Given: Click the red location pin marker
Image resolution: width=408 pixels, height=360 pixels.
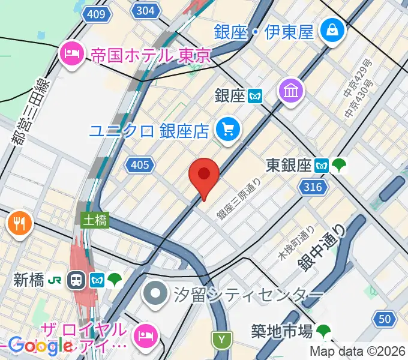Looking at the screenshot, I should pyautogui.click(x=204, y=176).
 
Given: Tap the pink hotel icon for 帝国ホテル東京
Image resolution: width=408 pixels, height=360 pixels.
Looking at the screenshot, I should pyautogui.click(x=71, y=55).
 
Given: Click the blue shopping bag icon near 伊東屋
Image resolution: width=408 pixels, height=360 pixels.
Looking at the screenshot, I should pyautogui.click(x=331, y=29).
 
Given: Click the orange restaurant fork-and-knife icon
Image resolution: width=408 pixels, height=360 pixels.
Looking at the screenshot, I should pyautogui.click(x=19, y=224).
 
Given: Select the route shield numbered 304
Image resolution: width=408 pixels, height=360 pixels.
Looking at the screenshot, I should pyautogui.click(x=145, y=10).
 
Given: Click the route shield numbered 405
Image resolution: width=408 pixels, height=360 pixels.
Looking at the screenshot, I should pyautogui.click(x=139, y=164).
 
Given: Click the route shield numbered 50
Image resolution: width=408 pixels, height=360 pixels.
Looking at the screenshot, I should pyautogui.click(x=385, y=319).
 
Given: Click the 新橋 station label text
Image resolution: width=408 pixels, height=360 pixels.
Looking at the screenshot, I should pyautogui.click(x=29, y=280).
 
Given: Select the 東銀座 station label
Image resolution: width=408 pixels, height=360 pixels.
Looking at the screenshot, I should pyautogui.click(x=288, y=164).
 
